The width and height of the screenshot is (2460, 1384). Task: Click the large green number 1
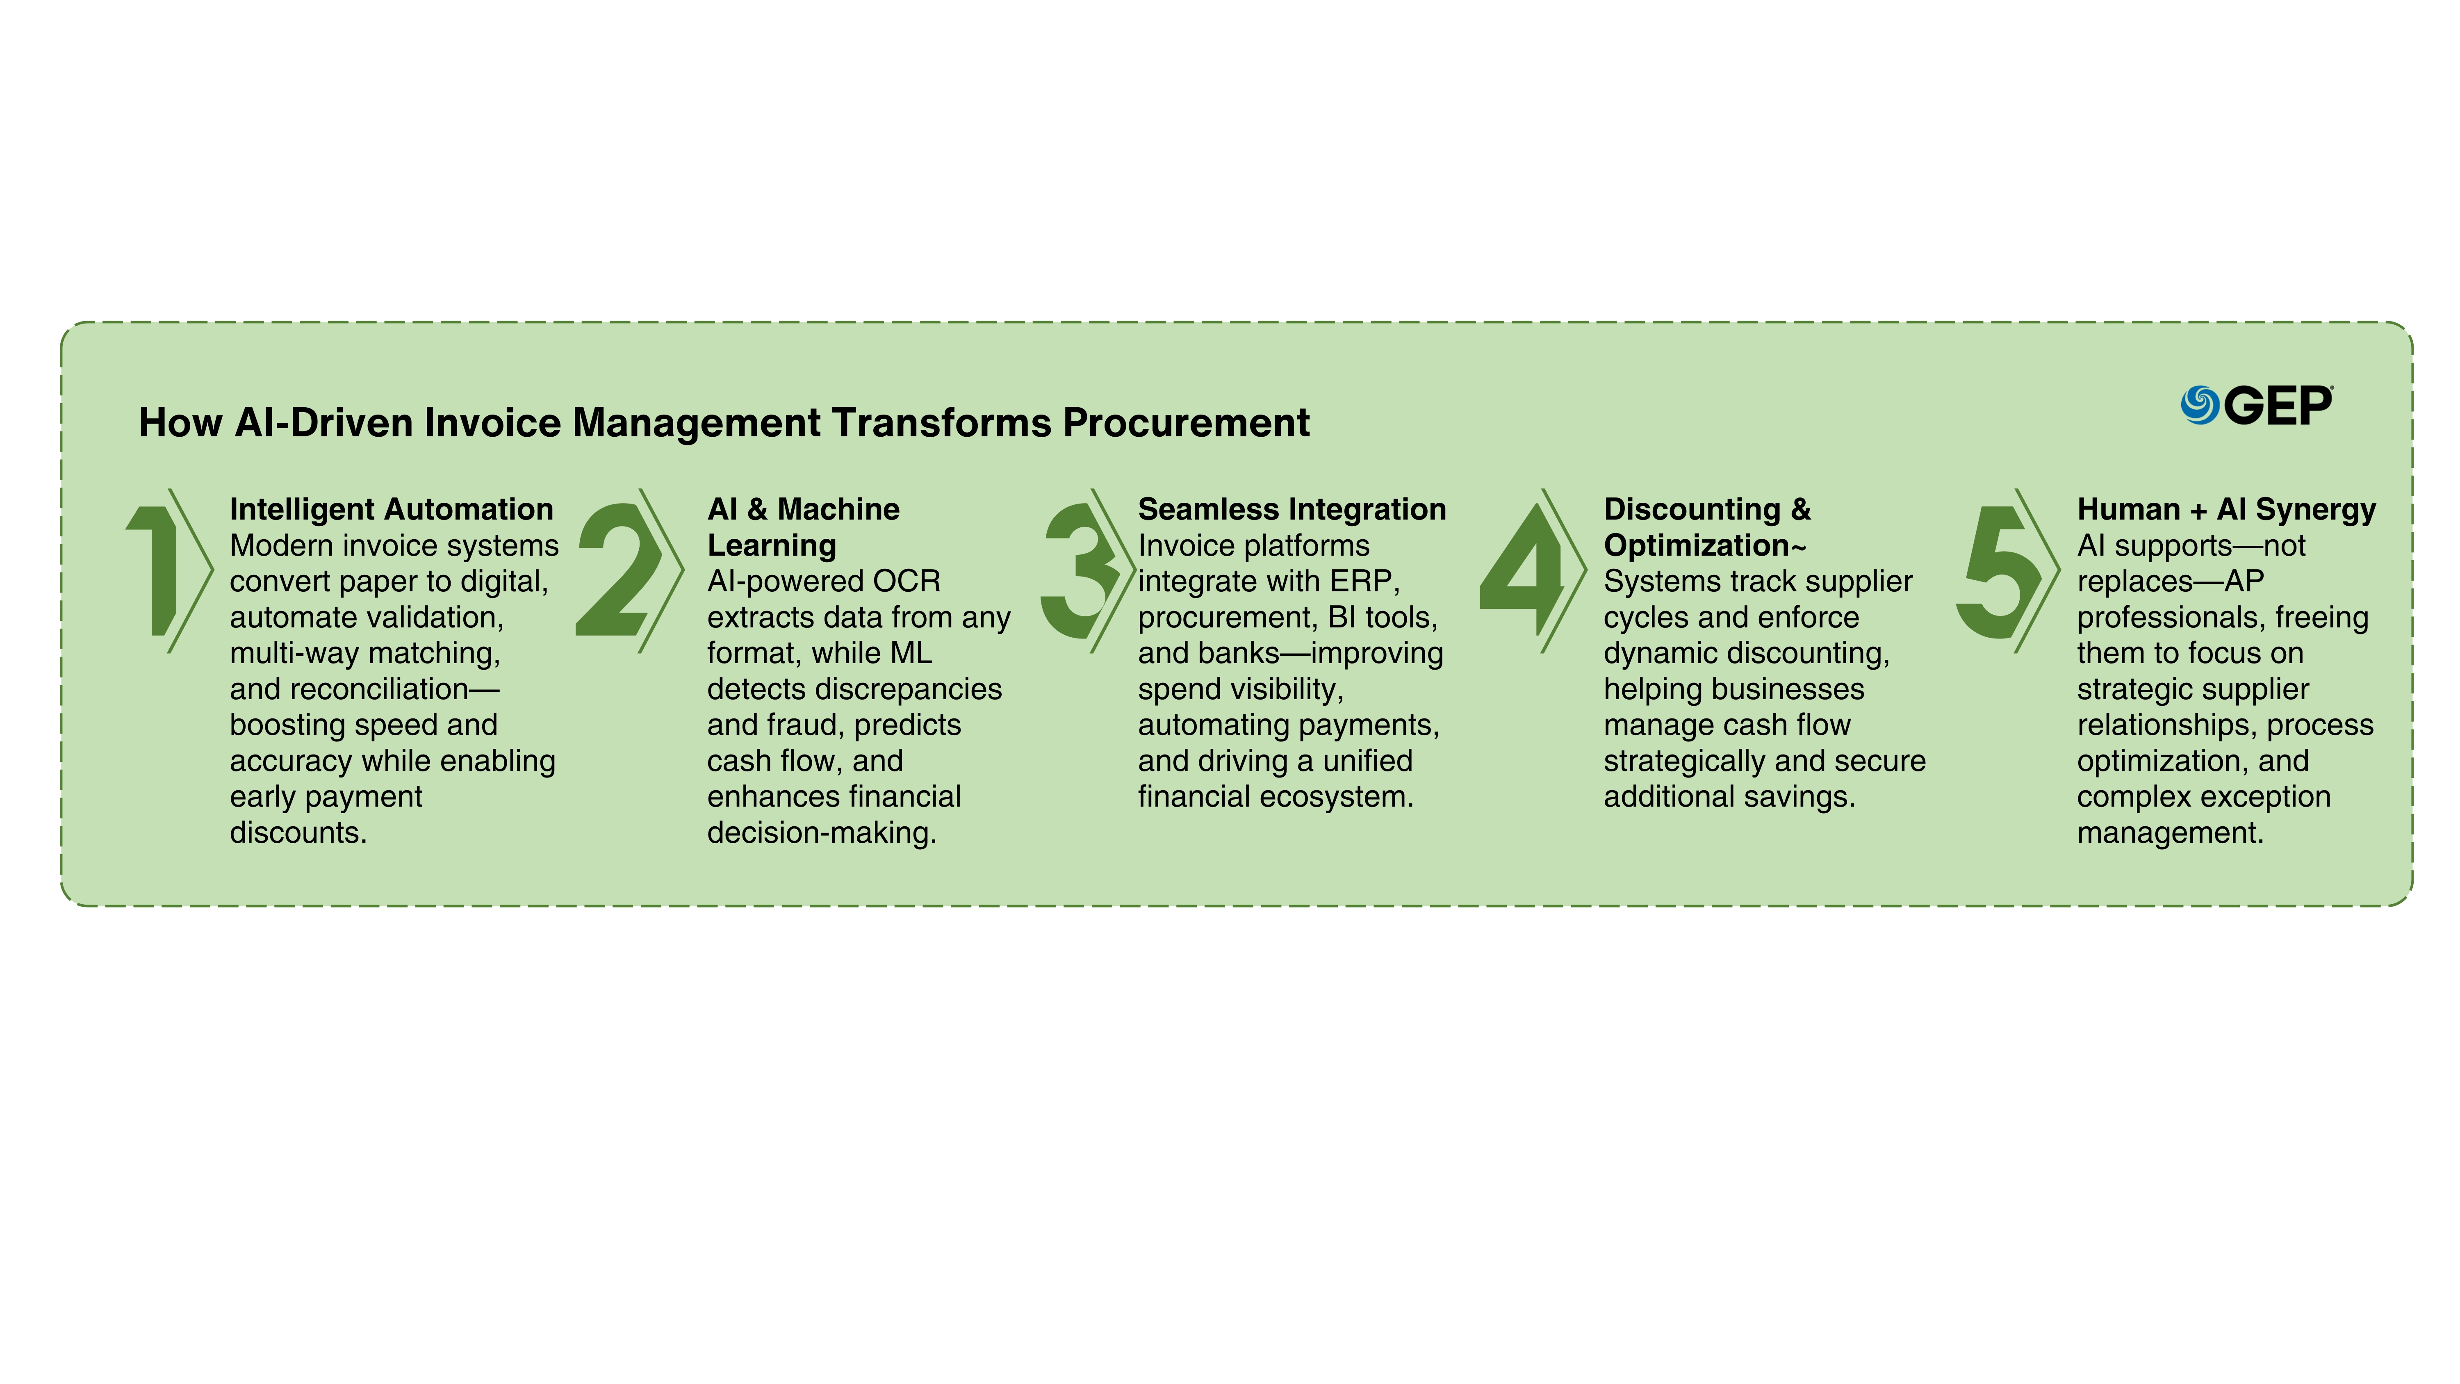153,570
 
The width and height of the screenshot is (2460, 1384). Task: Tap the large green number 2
619,570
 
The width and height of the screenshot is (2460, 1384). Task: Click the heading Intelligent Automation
392,509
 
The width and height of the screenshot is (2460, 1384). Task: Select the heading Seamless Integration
1292,509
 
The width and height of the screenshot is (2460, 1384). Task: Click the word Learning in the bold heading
772,545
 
